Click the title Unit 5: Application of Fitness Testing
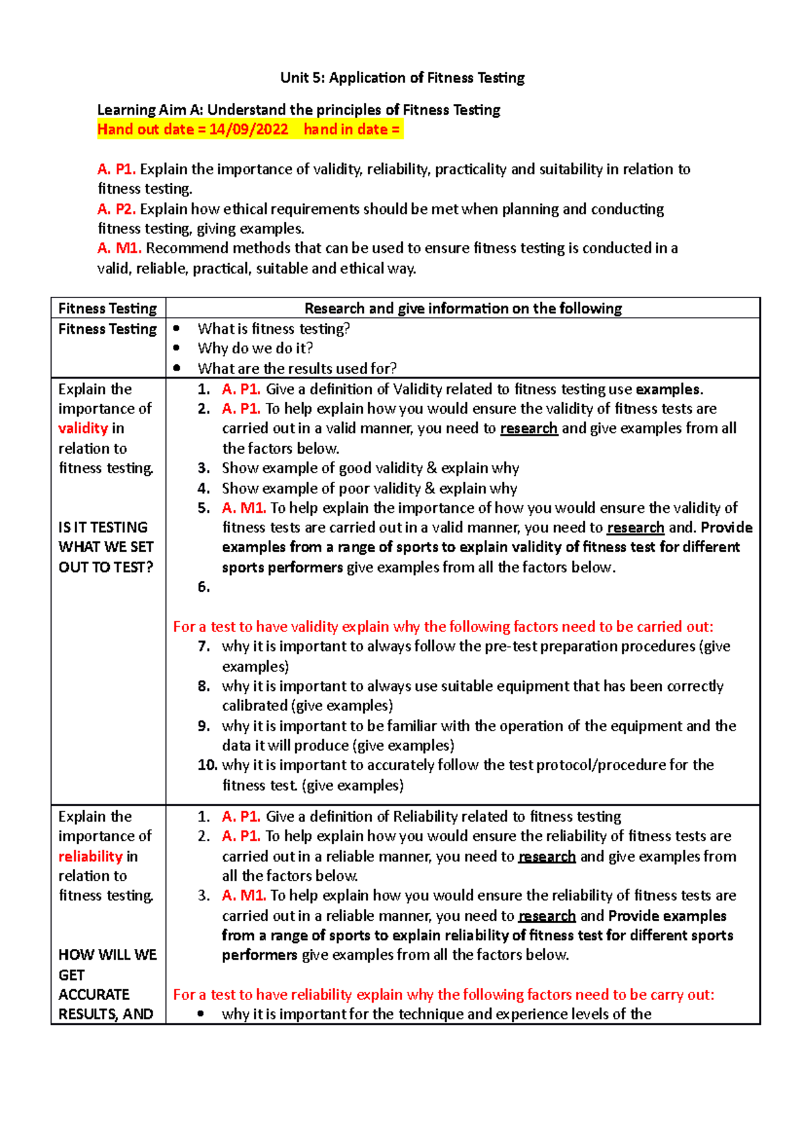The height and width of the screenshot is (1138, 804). tap(402, 78)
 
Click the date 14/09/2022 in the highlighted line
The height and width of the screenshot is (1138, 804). tap(249, 129)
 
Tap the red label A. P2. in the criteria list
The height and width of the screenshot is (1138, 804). tap(117, 209)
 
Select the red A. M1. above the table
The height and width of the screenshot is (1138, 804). tap(119, 249)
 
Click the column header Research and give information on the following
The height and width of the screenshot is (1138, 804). tap(462, 308)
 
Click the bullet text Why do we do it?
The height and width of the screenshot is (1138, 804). tap(255, 349)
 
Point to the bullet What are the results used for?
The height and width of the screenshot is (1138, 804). tap(297, 369)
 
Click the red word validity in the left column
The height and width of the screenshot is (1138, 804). tap(83, 428)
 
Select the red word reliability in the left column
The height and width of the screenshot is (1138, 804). tap(90, 857)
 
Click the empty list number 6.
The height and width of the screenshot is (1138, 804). tap(204, 587)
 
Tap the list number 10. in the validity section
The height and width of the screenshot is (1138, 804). tap(207, 765)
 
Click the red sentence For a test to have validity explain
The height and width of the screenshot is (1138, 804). tap(443, 627)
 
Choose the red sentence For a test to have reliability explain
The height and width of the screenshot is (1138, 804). tap(443, 995)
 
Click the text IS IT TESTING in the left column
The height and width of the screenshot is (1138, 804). tap(103, 527)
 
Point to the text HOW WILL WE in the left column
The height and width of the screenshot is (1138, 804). tap(107, 955)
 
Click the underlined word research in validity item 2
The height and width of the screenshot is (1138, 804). tap(529, 429)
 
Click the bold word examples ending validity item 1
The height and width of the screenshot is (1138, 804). tap(668, 389)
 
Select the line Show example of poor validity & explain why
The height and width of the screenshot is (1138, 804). tap(369, 489)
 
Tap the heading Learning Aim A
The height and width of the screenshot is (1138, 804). tap(298, 110)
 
